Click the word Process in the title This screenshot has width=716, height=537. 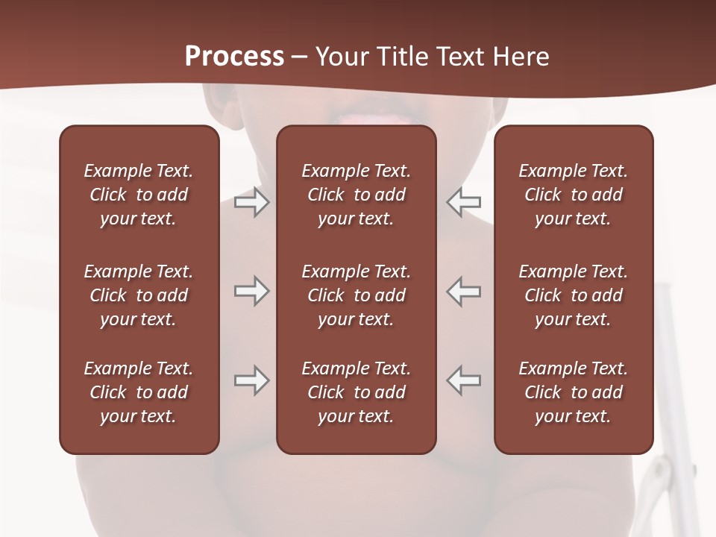tap(234, 57)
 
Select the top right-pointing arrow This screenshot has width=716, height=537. tap(251, 202)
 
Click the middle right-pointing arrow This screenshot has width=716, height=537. tap(251, 291)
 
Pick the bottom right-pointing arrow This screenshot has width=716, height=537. tap(251, 380)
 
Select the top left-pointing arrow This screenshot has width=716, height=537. tap(464, 202)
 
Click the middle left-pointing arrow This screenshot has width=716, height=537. tap(464, 291)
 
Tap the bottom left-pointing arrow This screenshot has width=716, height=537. tap(464, 380)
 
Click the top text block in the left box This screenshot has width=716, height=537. tap(139, 195)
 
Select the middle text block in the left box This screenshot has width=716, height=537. tap(139, 295)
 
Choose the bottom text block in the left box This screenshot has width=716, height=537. tap(139, 392)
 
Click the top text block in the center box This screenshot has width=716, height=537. tap(356, 195)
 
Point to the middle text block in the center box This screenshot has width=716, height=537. tap(356, 295)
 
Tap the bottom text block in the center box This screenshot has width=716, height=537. tap(356, 392)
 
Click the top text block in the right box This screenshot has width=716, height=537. tap(573, 195)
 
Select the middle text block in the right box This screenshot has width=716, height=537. tap(573, 295)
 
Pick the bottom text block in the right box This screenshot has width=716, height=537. tap(573, 392)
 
